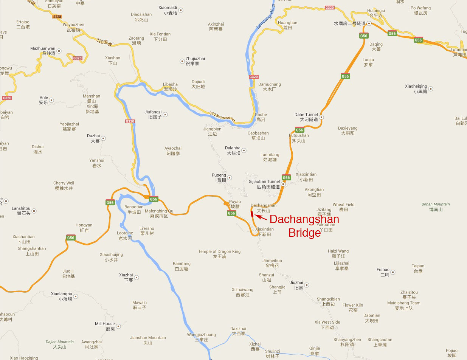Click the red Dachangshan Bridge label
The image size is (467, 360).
coord(304,226)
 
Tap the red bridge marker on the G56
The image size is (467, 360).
coord(252,214)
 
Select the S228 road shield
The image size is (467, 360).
coord(57,17)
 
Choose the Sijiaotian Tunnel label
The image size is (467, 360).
coord(264,182)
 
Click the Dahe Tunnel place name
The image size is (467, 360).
coord(306,115)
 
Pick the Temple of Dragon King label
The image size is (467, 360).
coord(219,251)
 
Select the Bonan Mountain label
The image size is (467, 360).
coord(436,204)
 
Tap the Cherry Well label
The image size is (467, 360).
coord(64,183)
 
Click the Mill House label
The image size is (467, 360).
coord(105,324)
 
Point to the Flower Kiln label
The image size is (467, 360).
coord(353,305)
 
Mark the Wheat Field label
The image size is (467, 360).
coord(343,205)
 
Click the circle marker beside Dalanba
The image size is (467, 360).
coord(244,151)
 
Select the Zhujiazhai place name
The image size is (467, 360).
coord(195,59)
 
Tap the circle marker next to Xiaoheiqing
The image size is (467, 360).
coord(430,89)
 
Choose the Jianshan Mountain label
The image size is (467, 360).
coord(148,338)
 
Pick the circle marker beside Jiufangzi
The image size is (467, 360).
coord(165,115)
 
